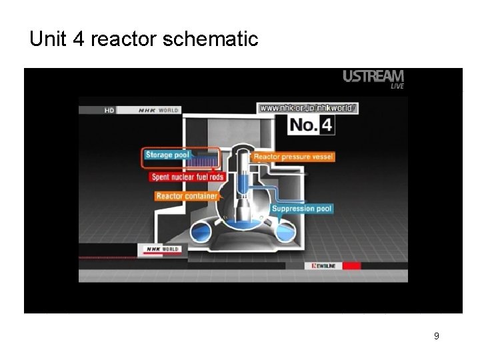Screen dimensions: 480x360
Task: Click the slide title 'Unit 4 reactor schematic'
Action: point(143,39)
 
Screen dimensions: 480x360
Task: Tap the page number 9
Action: point(436,336)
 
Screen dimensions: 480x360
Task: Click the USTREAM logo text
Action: point(373,76)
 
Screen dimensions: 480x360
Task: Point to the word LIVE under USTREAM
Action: point(397,86)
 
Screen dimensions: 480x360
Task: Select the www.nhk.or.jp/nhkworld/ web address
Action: point(308,107)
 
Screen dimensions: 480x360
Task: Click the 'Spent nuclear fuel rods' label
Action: point(187,177)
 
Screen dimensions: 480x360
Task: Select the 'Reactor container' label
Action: point(187,196)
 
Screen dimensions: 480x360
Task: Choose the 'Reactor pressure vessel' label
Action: point(293,157)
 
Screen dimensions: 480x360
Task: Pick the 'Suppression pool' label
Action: point(301,209)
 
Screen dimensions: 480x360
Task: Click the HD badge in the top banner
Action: point(110,111)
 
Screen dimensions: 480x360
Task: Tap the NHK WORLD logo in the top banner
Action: point(158,111)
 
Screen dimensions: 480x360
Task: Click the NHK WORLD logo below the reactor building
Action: point(158,249)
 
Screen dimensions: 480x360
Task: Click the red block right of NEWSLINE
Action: point(352,265)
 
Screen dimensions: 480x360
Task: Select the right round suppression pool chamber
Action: point(285,231)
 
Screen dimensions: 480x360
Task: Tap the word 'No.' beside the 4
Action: point(305,125)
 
